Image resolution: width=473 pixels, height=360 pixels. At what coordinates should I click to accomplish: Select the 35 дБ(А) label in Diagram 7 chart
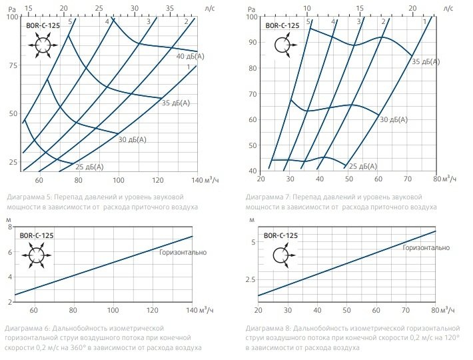426,61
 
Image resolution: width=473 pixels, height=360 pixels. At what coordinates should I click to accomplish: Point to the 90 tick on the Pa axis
252,42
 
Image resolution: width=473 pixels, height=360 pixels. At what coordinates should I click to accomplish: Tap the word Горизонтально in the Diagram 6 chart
183,252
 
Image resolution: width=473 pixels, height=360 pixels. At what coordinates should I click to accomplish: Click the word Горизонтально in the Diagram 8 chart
426,247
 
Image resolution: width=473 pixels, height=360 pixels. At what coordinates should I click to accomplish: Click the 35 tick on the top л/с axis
170,8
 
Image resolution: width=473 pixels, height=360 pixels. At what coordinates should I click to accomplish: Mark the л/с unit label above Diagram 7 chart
448,8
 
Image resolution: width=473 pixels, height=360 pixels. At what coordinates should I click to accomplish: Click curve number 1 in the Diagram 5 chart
189,67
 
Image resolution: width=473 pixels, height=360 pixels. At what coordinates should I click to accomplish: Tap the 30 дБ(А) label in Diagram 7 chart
393,119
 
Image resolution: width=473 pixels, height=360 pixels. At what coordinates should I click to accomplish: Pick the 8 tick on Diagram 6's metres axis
10,227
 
